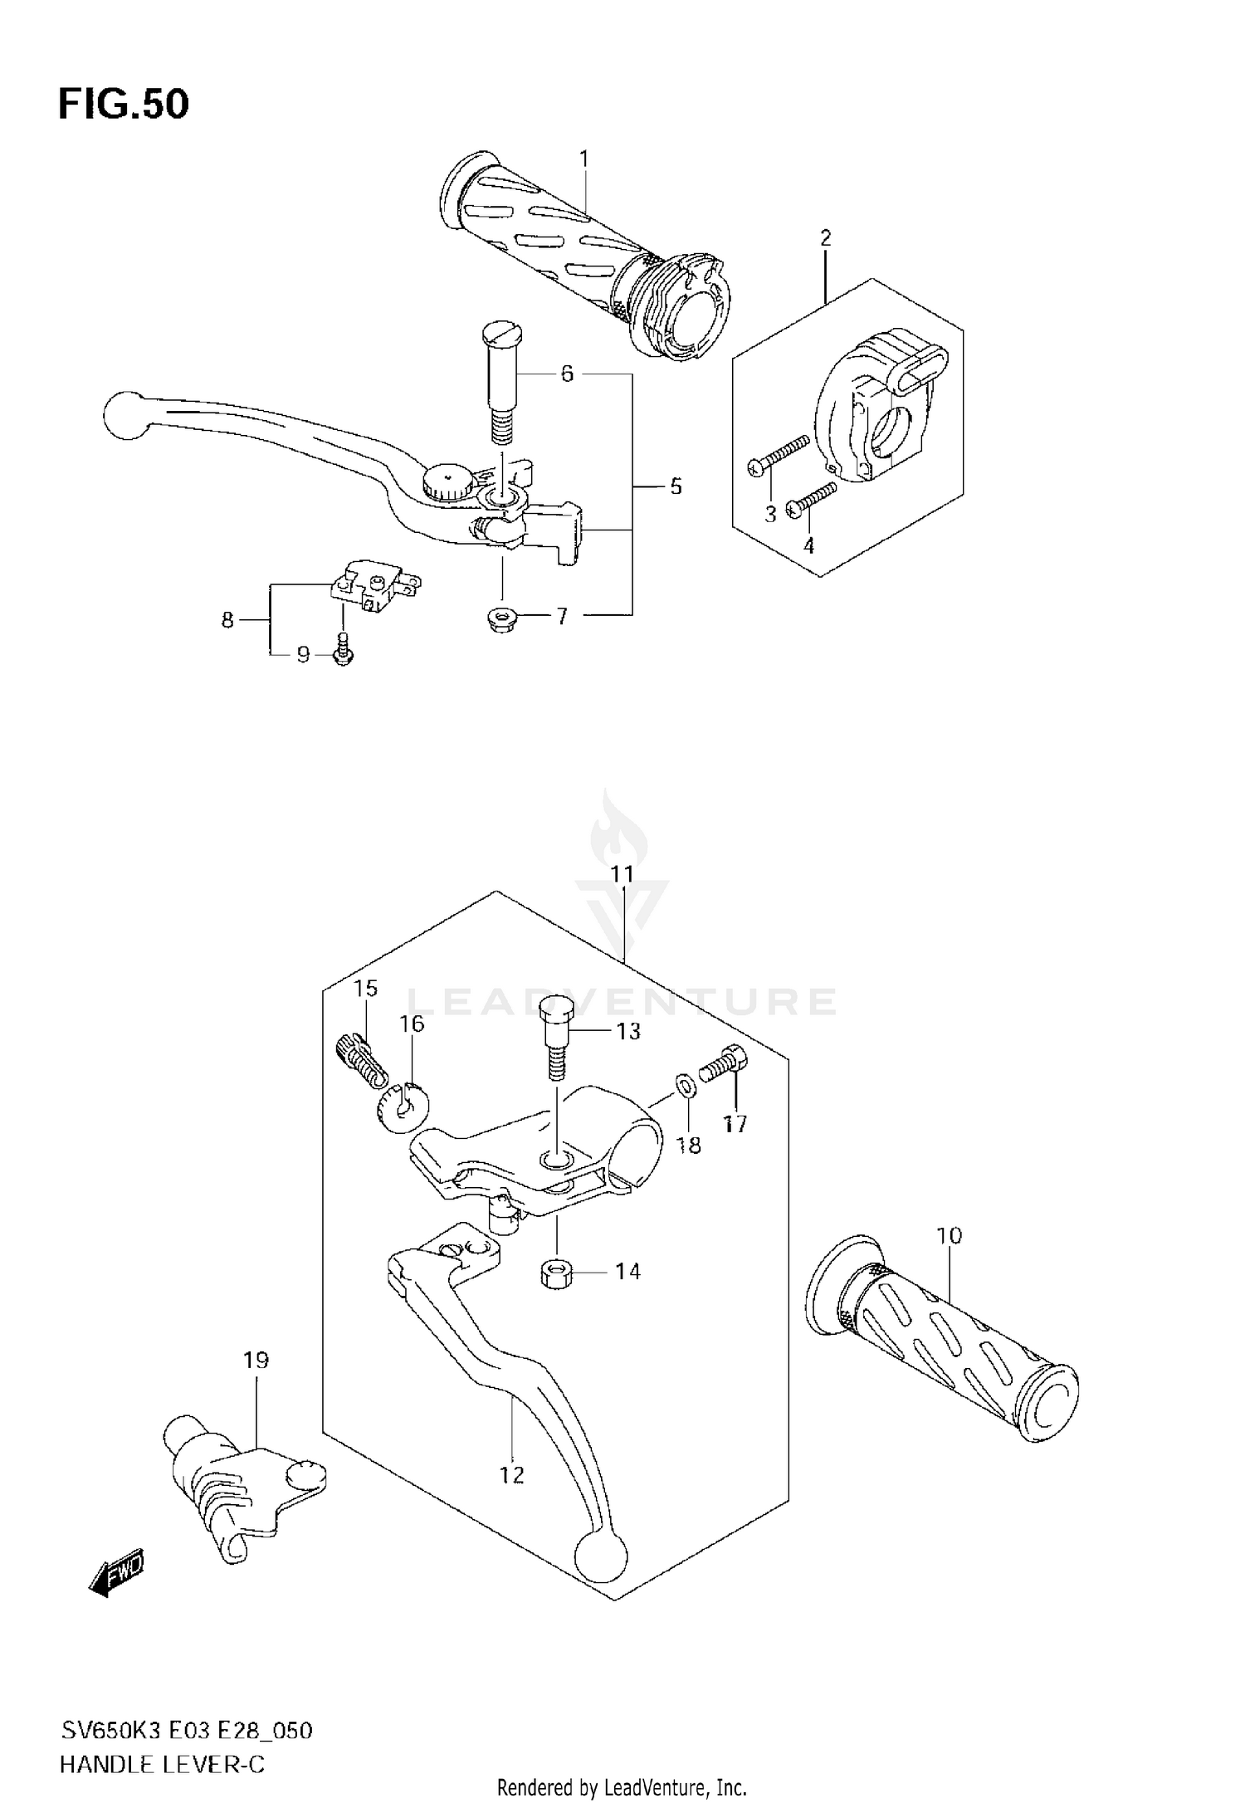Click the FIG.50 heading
pos(124,105)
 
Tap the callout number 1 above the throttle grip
pos(583,158)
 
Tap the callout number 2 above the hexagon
pos(825,238)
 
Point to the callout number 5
pos(676,486)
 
